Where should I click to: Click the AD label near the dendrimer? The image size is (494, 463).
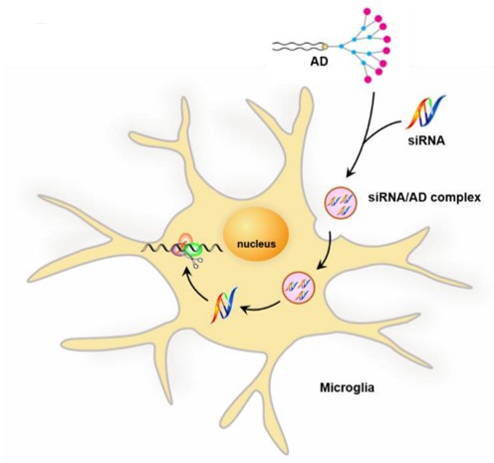pyautogui.click(x=319, y=62)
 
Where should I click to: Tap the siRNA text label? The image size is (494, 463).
pyautogui.click(x=426, y=140)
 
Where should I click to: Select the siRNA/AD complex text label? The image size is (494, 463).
pyautogui.click(x=424, y=198)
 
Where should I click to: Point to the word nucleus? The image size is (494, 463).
pyautogui.click(x=256, y=244)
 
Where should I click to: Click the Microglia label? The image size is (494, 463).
pyautogui.click(x=347, y=387)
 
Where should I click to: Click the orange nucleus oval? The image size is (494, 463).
pyautogui.click(x=255, y=237)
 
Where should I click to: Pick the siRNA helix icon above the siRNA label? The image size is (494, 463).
pyautogui.click(x=425, y=112)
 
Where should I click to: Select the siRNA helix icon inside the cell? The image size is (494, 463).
pyautogui.click(x=225, y=305)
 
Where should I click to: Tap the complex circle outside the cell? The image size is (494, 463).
pyautogui.click(x=341, y=202)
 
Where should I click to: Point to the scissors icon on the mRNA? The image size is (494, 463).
pyautogui.click(x=196, y=263)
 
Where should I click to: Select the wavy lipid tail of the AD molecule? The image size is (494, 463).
pyautogui.click(x=297, y=47)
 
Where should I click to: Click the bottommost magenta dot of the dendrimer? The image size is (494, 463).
pyautogui.click(x=368, y=80)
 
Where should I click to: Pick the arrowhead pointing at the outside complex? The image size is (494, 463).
pyautogui.click(x=350, y=173)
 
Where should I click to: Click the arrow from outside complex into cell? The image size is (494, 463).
pyautogui.click(x=329, y=250)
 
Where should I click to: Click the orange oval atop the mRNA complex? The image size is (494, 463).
pyautogui.click(x=185, y=239)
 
